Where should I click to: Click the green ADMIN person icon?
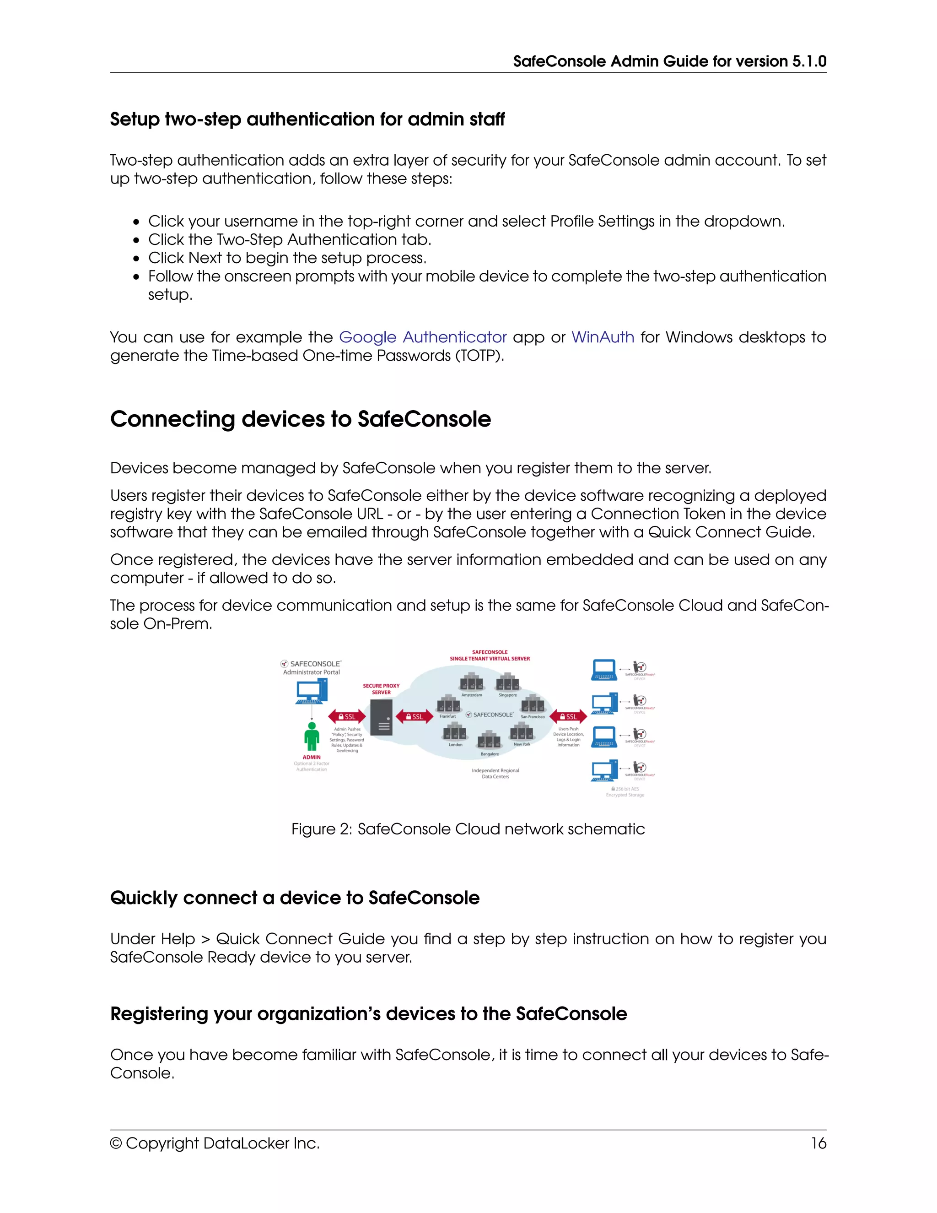click(312, 736)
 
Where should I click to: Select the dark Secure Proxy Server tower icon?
click(382, 718)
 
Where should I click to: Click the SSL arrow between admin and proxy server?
click(347, 716)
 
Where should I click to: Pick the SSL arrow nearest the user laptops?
click(568, 716)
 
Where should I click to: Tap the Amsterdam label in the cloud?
click(471, 695)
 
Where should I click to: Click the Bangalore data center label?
click(489, 754)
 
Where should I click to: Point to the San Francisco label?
click(533, 717)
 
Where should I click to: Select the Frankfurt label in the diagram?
click(447, 716)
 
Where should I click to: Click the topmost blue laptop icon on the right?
click(604, 669)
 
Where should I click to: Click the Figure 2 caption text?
click(468, 829)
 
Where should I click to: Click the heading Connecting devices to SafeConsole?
click(300, 419)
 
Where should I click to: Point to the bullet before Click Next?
click(136, 259)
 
